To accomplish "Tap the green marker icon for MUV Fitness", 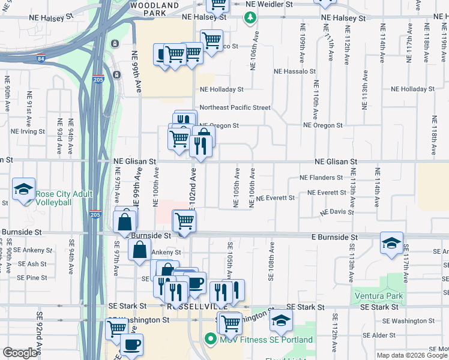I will [209, 340].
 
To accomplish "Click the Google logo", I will [20, 353].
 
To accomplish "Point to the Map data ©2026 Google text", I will [411, 355].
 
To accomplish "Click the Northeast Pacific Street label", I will [235, 107].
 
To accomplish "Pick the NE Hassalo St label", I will [294, 71].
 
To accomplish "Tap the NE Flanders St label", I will [321, 178].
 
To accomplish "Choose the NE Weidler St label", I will [270, 4].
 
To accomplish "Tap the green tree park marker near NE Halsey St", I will [250, 19].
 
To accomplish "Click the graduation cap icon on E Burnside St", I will [391, 243].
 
